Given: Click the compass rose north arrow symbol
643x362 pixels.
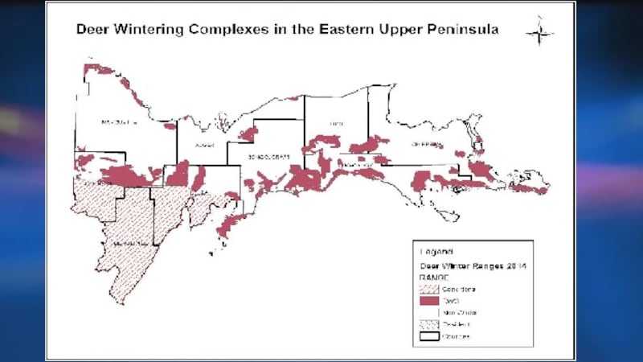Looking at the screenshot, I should click(539, 32).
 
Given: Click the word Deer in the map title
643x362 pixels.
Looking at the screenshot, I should click(92, 29).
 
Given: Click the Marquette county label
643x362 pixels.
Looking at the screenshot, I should click(120, 122).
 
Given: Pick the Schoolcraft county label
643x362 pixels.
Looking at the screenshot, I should click(266, 155).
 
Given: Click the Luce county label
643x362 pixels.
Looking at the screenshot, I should click(337, 124).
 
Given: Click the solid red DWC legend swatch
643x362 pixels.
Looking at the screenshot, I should click(425, 299).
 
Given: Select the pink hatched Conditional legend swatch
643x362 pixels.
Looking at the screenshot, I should click(425, 287).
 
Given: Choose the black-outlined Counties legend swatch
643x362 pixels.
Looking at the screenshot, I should click(425, 337).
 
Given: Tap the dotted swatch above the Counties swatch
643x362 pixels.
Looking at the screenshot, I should click(425, 324).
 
